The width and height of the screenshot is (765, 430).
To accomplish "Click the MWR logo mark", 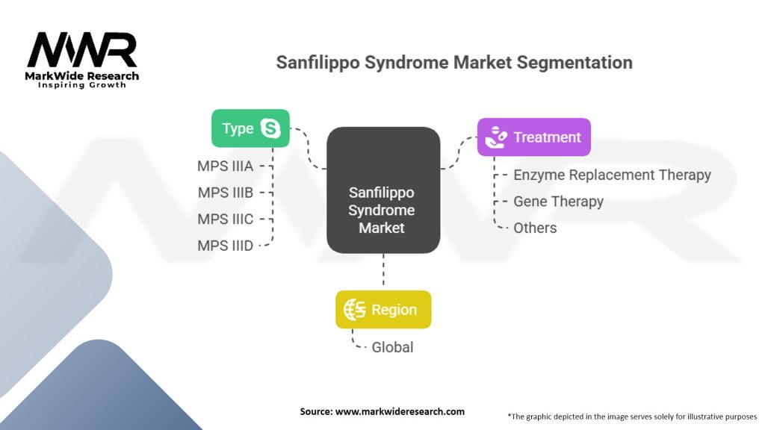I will [82, 50].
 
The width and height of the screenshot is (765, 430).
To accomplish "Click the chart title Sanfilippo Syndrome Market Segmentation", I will [454, 62].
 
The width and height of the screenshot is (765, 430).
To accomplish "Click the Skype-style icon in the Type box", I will [270, 128].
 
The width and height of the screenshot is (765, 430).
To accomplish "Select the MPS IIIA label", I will [226, 166].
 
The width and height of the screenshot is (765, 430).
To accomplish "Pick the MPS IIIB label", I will [226, 193].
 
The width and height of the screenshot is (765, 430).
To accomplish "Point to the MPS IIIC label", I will [226, 219].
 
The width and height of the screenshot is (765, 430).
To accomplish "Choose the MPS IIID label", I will [226, 245].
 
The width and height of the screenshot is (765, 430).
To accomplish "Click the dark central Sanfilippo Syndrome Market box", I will [383, 190].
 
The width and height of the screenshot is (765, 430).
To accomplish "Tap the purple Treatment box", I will [534, 137].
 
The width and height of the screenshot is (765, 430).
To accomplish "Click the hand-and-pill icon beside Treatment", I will [495, 137].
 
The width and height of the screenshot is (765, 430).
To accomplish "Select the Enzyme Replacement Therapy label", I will [612, 175].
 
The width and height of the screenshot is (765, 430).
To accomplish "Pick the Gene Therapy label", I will [558, 202].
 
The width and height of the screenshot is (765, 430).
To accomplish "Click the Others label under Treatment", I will [535, 228].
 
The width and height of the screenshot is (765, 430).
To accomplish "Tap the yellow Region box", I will [383, 310].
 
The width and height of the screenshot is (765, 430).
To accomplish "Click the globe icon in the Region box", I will [354, 310].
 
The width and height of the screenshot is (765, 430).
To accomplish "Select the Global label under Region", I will [392, 347].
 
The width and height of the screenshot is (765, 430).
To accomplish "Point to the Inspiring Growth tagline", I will [82, 85].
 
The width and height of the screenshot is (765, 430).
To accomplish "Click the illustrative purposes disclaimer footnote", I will [631, 416].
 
